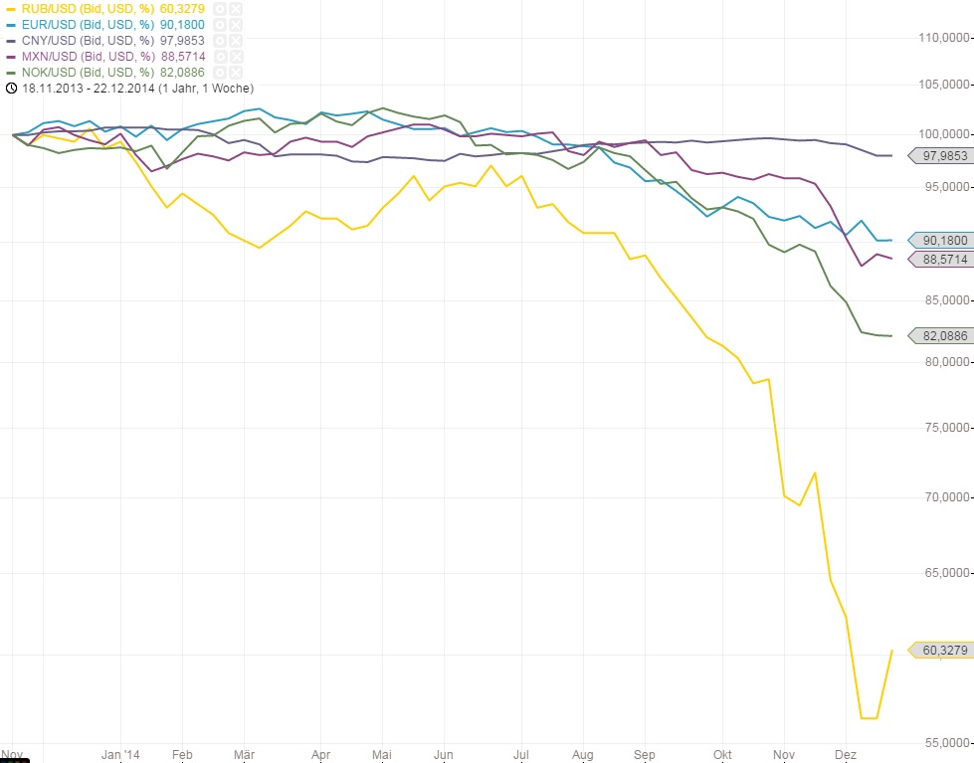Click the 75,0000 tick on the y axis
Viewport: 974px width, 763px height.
click(944, 428)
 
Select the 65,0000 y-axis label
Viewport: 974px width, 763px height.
click(944, 573)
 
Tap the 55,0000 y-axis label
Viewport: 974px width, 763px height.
click(944, 743)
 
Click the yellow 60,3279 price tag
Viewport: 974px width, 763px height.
click(944, 651)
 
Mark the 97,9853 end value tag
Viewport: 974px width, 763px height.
click(944, 156)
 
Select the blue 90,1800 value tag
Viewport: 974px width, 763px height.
click(944, 240)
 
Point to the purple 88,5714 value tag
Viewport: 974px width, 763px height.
click(944, 259)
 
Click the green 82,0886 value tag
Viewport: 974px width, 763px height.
click(944, 336)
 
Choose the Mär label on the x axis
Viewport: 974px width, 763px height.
click(245, 754)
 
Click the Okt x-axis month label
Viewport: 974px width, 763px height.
click(723, 754)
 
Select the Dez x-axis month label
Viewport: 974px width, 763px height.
click(847, 754)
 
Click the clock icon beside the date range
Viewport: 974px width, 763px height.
click(10, 89)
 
